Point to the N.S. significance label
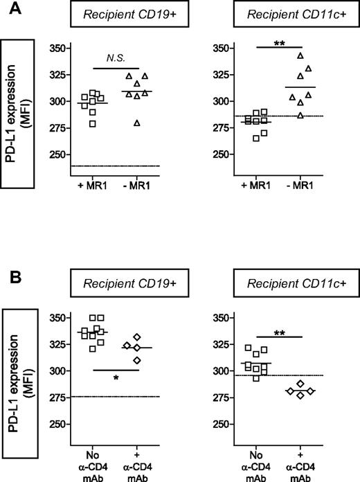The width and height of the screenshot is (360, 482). coord(116,60)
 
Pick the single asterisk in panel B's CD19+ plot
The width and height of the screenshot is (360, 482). coord(116,379)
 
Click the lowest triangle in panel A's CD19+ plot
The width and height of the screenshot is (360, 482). coord(137,123)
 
